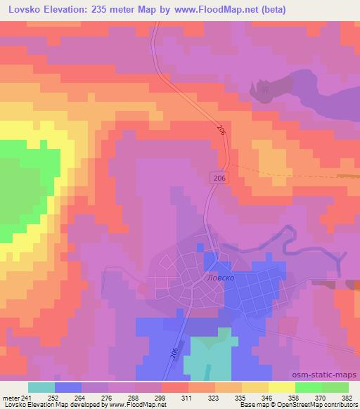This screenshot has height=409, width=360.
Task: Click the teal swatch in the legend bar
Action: tap(41, 387)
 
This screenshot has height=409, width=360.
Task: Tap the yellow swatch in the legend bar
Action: tap(281, 387)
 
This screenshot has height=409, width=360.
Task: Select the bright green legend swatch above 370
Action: tap(308, 387)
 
